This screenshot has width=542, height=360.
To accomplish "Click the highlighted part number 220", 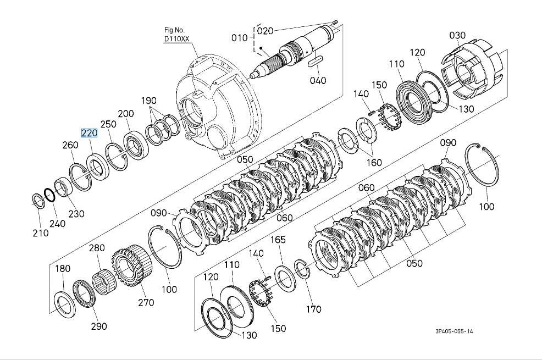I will coord(89,133).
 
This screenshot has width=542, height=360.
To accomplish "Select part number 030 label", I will coord(457,36).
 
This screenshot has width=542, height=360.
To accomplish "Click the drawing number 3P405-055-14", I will coord(454,331).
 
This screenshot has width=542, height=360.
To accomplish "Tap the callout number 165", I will coord(278,240).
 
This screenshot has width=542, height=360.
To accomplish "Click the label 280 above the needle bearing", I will coord(97,248).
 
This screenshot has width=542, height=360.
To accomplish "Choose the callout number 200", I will coord(126,114).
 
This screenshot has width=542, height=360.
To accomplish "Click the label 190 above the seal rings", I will coord(148,101).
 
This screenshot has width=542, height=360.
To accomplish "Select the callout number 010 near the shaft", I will coord(239,38).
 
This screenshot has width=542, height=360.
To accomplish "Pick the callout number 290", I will coord(99,326).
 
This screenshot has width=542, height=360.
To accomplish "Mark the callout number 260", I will coord(70,145).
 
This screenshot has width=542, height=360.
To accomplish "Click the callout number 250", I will coord(108,125).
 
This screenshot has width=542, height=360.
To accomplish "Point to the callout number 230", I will coord(76,213).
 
